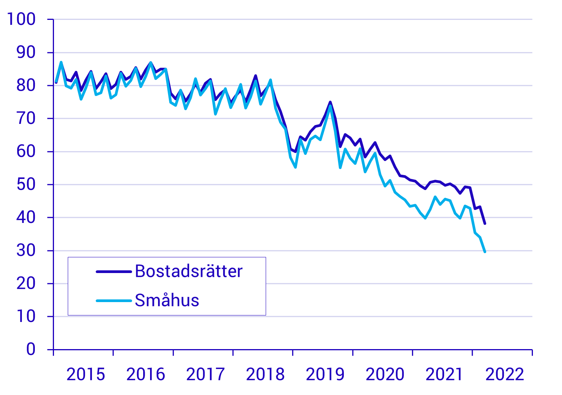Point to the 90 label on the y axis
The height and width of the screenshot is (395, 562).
pos(26,52)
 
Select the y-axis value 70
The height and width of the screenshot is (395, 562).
pos(26,118)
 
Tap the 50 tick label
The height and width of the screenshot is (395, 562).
pos(26,184)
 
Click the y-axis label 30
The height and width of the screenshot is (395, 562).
pos(26,250)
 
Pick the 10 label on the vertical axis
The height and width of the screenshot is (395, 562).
pos(26,316)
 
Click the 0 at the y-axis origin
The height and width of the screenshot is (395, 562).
pos(31,349)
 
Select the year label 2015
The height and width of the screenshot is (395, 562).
pos(86,374)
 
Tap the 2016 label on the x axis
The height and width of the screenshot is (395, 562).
pos(145,374)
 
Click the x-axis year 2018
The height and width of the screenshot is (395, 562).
pos(265,374)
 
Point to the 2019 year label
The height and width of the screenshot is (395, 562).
pos(325,374)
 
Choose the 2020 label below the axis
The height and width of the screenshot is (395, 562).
pos(385,374)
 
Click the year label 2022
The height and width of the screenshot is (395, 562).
pos(505,374)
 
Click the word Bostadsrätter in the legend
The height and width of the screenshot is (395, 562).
pos(189,271)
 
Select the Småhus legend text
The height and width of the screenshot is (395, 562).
pos(167,301)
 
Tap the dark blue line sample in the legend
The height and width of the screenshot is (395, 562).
pos(114,271)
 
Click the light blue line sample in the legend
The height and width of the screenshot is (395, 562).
pos(114,301)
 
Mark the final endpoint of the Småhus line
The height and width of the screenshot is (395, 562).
pos(485,252)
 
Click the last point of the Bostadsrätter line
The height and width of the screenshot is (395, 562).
pos(485,223)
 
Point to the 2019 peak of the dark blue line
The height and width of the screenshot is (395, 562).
pos(330,102)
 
